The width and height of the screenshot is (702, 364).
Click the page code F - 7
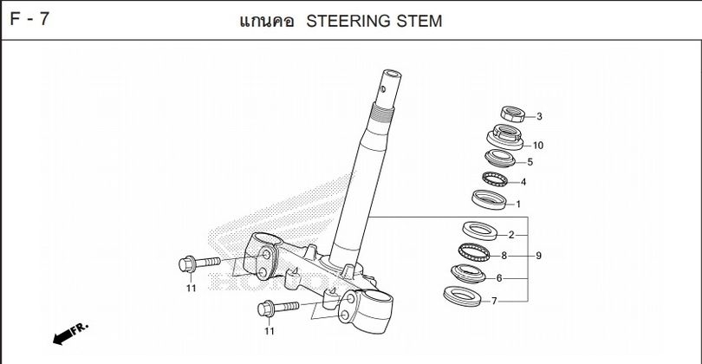pyautogui.click(x=29, y=18)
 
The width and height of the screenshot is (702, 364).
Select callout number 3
pyautogui.click(x=538, y=116)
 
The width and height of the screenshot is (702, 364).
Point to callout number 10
pyautogui.click(x=538, y=145)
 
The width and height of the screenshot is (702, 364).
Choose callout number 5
pyautogui.click(x=530, y=162)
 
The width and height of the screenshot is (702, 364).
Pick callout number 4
pyautogui.click(x=523, y=183)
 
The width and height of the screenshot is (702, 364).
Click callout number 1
pyautogui.click(x=518, y=205)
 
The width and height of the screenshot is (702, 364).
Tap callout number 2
pyautogui.click(x=511, y=235)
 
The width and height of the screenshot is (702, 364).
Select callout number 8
pyautogui.click(x=504, y=257)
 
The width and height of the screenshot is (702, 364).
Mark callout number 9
pyautogui.click(x=538, y=257)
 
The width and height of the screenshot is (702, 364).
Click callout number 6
pyautogui.click(x=498, y=278)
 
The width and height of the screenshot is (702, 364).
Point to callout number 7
pyautogui.click(x=494, y=302)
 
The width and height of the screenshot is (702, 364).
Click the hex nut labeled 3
pyautogui.click(x=511, y=114)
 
